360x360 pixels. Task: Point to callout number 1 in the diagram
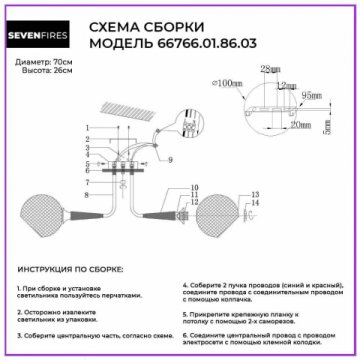(x=87, y=127)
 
